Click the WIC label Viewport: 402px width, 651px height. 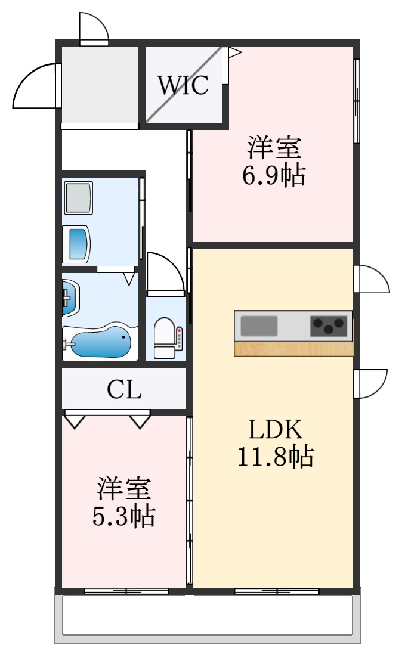tap(183, 85)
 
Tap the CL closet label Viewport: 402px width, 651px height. tap(124, 389)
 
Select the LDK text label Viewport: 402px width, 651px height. tap(276, 430)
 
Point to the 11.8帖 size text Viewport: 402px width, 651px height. tap(276, 456)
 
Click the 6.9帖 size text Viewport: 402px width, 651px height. tap(274, 175)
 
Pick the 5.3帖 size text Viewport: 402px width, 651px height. tap(123, 516)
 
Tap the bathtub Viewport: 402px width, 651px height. tap(100, 341)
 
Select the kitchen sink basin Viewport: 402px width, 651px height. tap(259, 326)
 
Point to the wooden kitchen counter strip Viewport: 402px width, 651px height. tap(293, 349)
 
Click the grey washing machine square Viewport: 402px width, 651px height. tap(79, 198)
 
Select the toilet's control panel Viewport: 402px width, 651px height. tap(180, 338)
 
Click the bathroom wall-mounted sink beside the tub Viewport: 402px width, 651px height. tap(70, 297)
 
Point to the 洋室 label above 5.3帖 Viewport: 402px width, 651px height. tap(123, 489)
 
